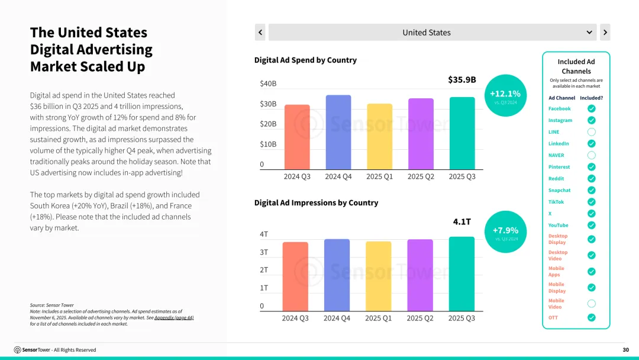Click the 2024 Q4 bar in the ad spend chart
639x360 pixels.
click(338, 132)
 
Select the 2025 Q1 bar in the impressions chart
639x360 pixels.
click(378, 276)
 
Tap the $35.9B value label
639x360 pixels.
click(461, 80)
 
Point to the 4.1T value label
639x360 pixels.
click(461, 221)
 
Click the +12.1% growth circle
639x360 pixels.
click(505, 95)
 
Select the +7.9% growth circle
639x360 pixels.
click(505, 232)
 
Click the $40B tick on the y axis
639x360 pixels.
click(268, 83)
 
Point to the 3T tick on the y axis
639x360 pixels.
click(264, 252)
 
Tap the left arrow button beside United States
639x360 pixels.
click(260, 33)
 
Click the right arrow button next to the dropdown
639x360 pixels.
click(605, 33)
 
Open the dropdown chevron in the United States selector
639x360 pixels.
click(589, 33)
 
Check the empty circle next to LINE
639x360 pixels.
click(591, 132)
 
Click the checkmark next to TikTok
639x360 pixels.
click(591, 202)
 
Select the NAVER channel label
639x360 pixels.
click(556, 155)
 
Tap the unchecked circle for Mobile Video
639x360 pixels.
click(591, 304)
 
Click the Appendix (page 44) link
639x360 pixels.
click(174, 318)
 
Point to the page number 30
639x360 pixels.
click(625, 350)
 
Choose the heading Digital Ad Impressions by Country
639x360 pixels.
click(316, 202)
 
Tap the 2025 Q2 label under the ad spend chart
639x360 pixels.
click(420, 176)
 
